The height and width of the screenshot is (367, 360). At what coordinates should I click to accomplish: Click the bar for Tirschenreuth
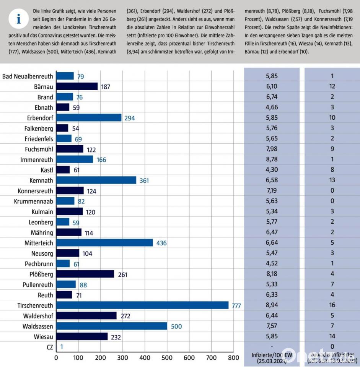[x=142, y=305]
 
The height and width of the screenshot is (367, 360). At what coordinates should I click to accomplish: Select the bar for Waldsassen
[x=112, y=326]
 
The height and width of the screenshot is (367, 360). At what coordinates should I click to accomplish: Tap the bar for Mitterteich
[x=104, y=243]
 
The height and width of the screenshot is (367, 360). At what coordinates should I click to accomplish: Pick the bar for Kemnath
[x=96, y=180]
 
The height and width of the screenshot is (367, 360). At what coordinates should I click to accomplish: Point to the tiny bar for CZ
[x=57, y=347]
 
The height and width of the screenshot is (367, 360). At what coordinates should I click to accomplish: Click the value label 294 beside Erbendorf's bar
[x=130, y=118]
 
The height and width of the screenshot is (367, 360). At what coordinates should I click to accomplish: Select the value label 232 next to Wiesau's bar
[x=116, y=337]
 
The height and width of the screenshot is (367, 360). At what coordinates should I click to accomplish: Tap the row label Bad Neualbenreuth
[x=28, y=76]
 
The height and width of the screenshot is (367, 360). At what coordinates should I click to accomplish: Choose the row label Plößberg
[x=40, y=274]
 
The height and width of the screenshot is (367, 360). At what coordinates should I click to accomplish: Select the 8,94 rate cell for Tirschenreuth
[x=272, y=305]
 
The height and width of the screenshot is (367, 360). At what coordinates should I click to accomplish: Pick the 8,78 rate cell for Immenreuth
[x=272, y=159]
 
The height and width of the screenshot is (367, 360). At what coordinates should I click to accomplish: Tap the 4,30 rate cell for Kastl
[x=272, y=170]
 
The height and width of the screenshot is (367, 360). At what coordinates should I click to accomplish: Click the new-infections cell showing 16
[x=332, y=305]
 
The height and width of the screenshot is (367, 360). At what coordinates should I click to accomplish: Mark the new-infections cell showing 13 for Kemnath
[x=332, y=180]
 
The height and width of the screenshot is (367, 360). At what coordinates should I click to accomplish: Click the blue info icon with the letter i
[x=18, y=20]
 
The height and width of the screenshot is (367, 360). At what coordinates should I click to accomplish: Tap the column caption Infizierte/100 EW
[x=272, y=355]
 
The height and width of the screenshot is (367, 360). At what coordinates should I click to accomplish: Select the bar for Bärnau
[x=77, y=86]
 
